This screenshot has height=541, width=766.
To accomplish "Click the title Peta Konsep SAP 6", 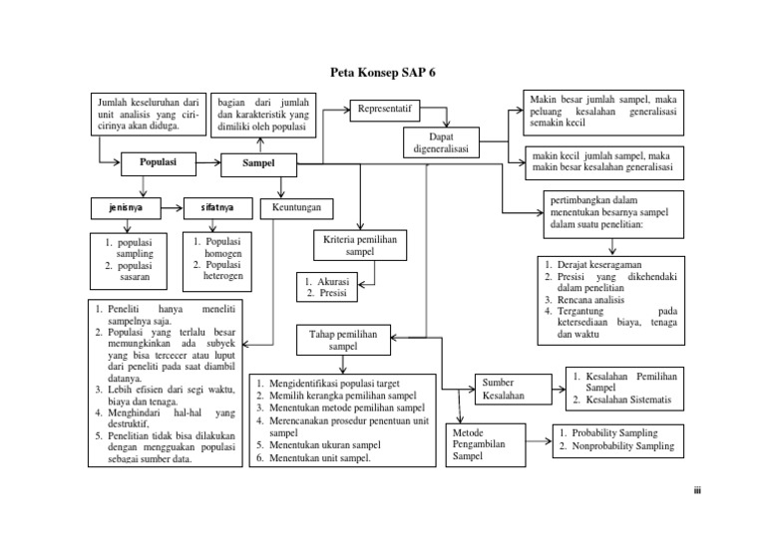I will (x=382, y=73).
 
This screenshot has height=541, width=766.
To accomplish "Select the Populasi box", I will (x=157, y=161).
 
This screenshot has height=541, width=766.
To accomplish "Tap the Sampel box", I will (x=257, y=161).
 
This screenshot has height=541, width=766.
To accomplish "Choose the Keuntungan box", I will (x=297, y=208).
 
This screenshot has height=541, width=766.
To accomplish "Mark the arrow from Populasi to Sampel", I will (x=206, y=161).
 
